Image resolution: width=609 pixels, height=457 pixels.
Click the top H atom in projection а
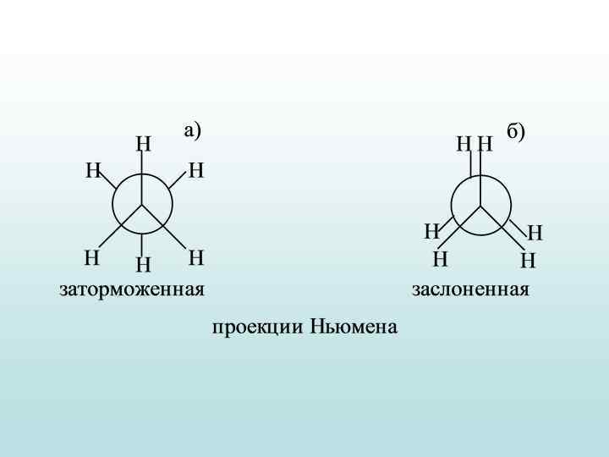tap(143, 145)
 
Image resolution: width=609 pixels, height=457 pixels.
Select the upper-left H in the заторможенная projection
tap(93, 172)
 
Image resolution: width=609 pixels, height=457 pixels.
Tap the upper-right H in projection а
tap(196, 172)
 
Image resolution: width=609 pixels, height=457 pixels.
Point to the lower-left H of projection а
tap(91, 256)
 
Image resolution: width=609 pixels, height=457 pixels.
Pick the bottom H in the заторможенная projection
tap(143, 266)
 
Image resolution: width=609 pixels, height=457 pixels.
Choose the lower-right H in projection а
tap(196, 256)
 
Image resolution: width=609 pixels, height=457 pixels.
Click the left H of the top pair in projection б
tap(464, 145)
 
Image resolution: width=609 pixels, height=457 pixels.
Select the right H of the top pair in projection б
tap(485, 145)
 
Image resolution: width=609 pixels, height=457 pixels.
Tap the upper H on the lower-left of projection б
tap(431, 231)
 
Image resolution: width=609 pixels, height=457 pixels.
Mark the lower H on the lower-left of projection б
tap(440, 259)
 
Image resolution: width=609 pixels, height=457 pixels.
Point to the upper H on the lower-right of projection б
tap(535, 233)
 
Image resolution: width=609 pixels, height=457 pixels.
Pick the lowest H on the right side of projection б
tap(529, 261)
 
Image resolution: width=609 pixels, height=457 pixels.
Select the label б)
tap(516, 131)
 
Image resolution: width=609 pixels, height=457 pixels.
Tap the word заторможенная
tap(132, 289)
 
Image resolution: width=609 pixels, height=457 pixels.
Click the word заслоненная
tap(470, 289)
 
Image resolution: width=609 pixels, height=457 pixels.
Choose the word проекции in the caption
tap(258, 327)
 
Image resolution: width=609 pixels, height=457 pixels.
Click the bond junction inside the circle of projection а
tap(142, 204)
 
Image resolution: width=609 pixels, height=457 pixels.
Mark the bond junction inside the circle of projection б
tap(480, 205)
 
